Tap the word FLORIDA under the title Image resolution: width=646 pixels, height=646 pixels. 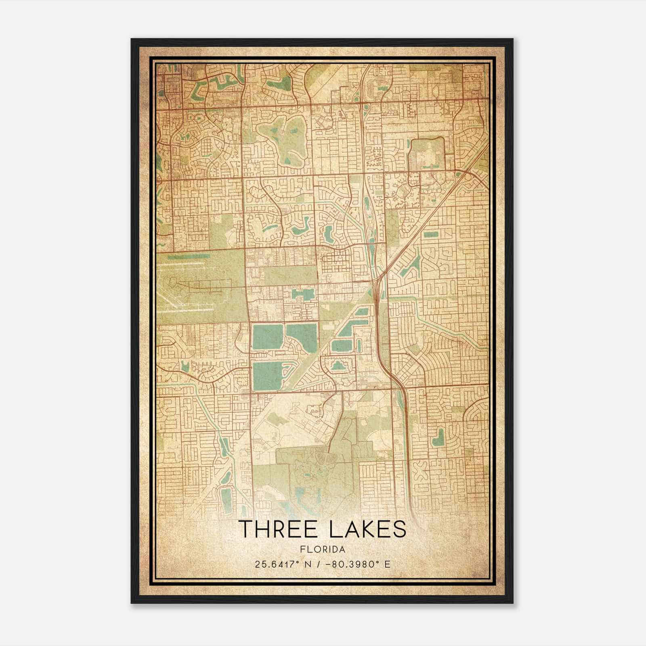323,550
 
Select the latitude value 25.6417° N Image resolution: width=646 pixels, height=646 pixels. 278,564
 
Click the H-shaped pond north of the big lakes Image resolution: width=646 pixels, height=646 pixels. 302,294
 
